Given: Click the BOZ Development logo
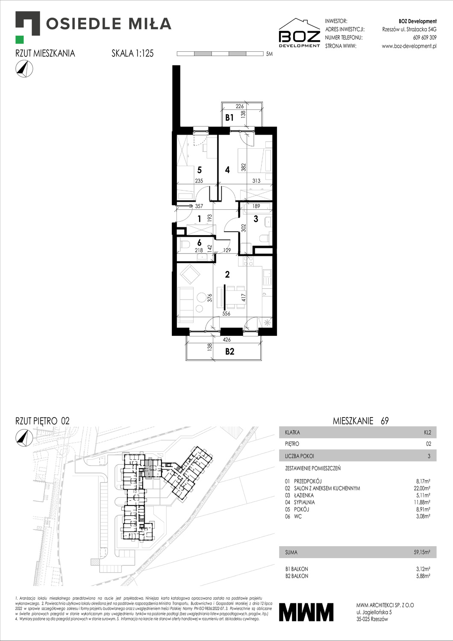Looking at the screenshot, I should [x=299, y=33].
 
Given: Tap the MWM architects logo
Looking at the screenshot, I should [x=306, y=612].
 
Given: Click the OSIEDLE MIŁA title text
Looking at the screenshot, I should [x=109, y=24].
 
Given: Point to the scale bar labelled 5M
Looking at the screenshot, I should [x=220, y=54].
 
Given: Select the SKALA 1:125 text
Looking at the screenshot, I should [x=132, y=53].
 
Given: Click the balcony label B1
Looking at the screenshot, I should [x=229, y=118].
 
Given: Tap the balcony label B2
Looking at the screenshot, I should [x=229, y=351].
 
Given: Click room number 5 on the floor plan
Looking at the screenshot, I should [x=199, y=170].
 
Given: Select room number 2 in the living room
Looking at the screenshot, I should [x=227, y=274].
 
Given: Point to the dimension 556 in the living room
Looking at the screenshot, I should [x=226, y=314].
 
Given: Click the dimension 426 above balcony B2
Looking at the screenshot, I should [x=226, y=340].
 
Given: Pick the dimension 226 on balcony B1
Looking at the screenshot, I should [x=240, y=106].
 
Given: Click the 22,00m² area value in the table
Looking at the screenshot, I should [x=421, y=488].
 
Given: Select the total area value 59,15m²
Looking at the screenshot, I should [x=422, y=552].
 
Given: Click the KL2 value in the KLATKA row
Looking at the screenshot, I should [x=427, y=432].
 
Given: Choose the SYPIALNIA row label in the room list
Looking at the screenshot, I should [x=304, y=502].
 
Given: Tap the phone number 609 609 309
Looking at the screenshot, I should [x=424, y=38].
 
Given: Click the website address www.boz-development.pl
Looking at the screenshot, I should [x=409, y=46].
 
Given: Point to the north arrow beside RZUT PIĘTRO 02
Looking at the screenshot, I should [x=24, y=437].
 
